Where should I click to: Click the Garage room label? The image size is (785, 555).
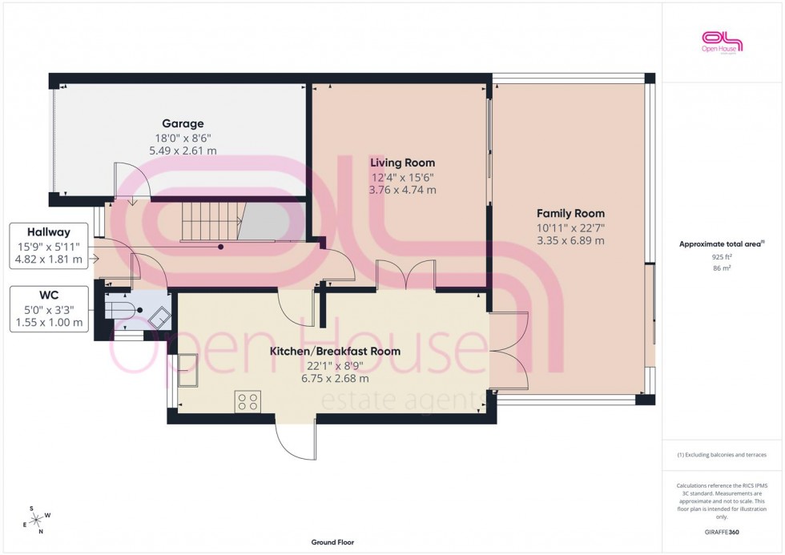183,123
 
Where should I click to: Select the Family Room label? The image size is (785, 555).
570,213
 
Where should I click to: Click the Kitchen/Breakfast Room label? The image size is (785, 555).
335,352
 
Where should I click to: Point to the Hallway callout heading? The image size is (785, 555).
49,231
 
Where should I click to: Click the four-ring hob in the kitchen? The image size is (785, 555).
248,400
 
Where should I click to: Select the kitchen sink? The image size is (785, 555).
188,371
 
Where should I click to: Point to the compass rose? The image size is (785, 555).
37,518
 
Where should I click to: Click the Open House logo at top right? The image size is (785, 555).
722,42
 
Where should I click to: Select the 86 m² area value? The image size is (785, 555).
723,269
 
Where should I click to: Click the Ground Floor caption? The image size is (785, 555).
332,542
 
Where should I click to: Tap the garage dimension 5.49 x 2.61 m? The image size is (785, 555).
183,151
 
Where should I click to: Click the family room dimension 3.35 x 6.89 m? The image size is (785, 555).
570,240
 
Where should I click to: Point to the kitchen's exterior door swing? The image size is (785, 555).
294,440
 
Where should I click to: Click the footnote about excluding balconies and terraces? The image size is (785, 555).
722,454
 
